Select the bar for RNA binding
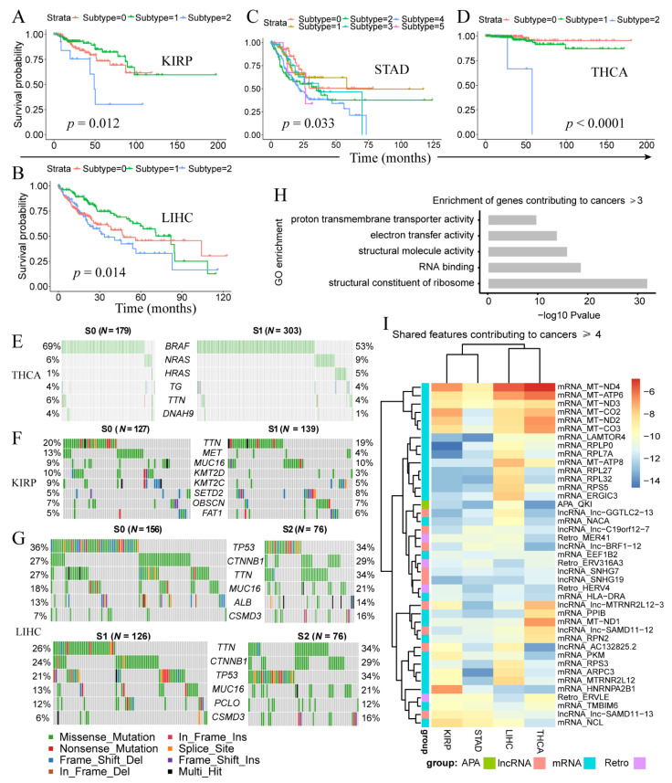click(534, 267)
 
